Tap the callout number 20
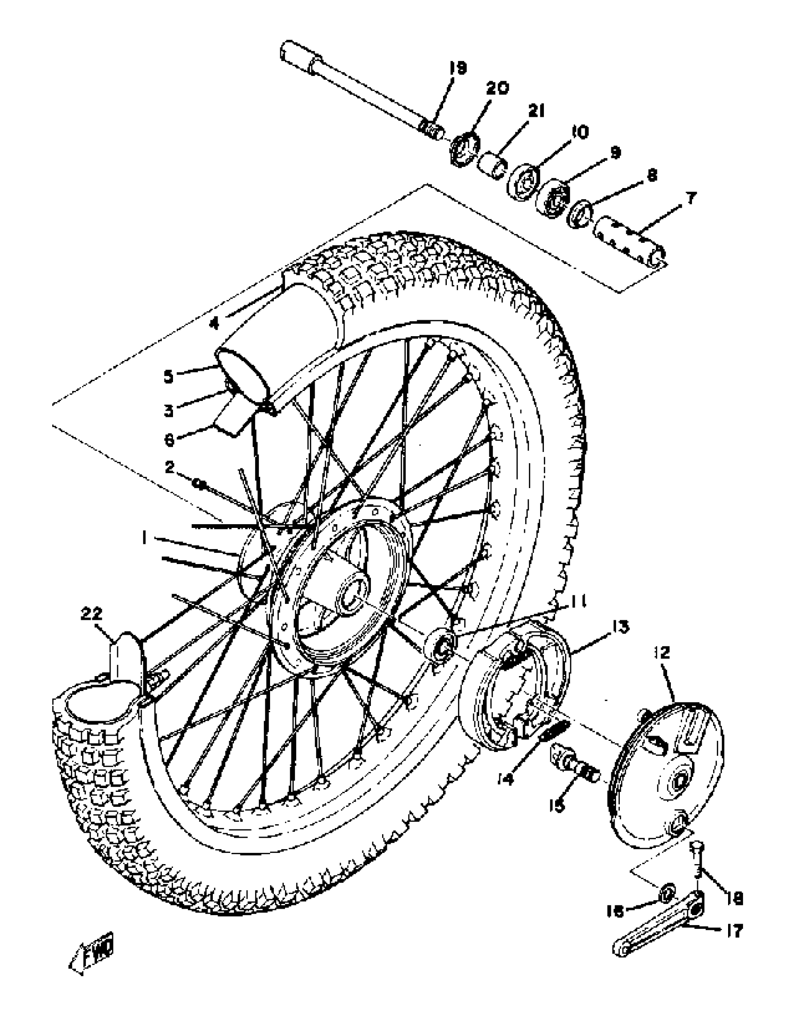click(x=497, y=89)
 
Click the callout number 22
click(x=92, y=614)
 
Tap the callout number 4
click(x=214, y=323)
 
